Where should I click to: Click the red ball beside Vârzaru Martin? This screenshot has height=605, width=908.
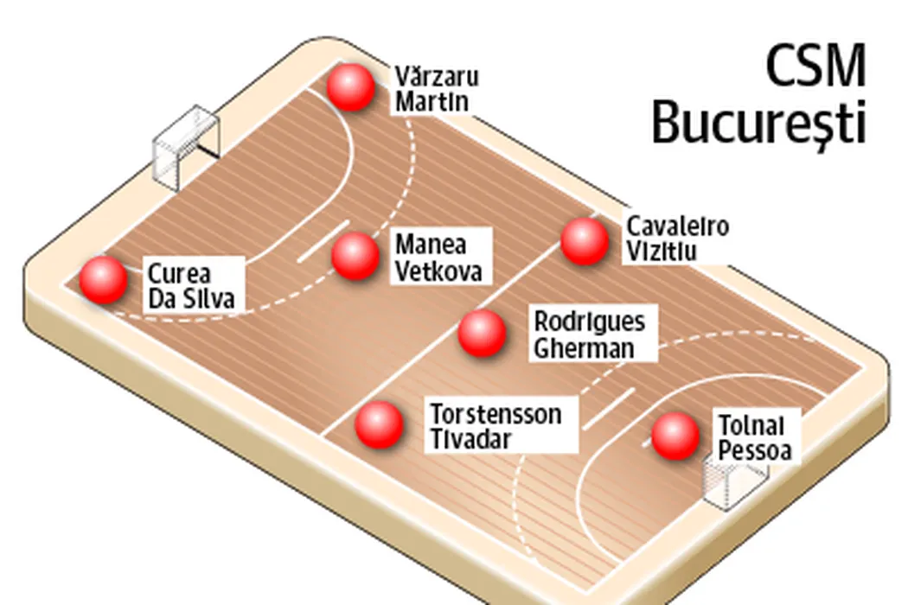[x=351, y=87]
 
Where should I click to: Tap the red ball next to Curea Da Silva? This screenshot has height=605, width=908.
[x=104, y=280]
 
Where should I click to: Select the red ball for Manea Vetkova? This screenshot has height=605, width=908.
[x=355, y=257]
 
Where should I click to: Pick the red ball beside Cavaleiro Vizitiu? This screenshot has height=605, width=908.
[x=585, y=241]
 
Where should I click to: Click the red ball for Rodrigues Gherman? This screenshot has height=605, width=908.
[x=482, y=333]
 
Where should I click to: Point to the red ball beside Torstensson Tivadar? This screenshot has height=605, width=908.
[x=379, y=424]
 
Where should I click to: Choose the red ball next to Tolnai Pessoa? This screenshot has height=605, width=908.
[x=675, y=436]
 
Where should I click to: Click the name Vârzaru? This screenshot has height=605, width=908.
[x=437, y=75]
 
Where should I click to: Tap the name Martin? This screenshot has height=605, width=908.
[x=432, y=100]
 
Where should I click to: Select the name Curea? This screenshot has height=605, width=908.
[x=179, y=274]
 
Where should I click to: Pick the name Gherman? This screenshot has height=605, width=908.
[x=584, y=347]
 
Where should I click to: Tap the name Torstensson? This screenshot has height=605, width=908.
[x=496, y=414]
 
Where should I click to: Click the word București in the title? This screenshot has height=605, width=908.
[x=758, y=124]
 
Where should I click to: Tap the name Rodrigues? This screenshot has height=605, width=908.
[x=589, y=322]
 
